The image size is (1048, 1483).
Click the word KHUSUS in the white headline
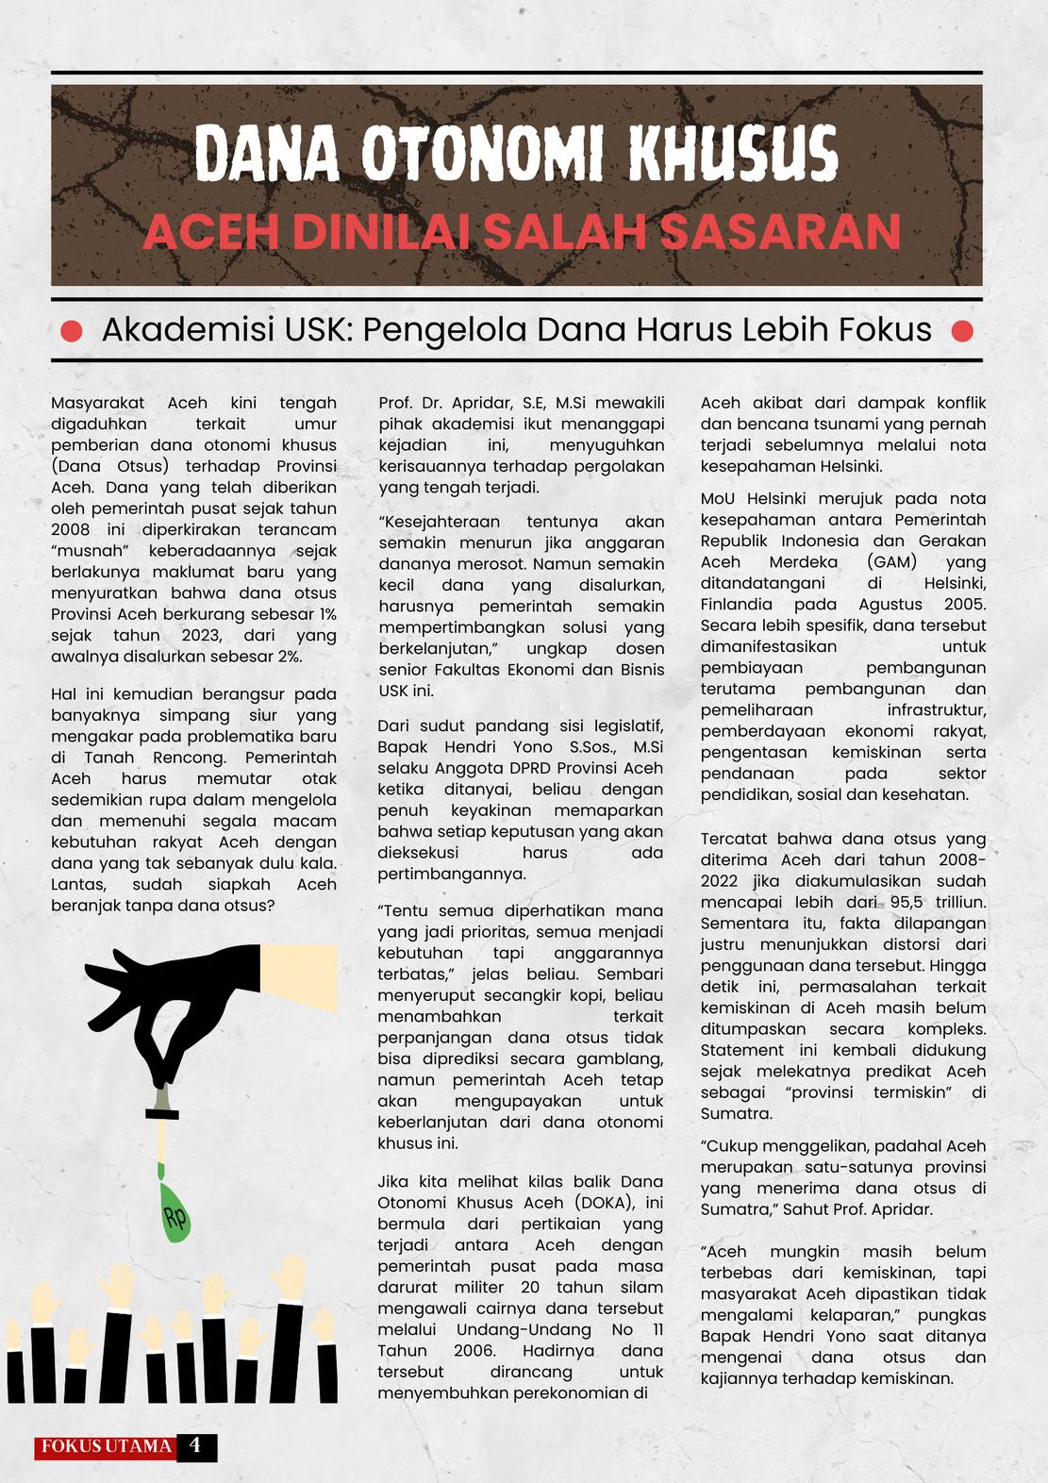(x=733, y=155)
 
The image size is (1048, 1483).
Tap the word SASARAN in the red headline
(x=780, y=232)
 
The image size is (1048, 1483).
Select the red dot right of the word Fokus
(x=962, y=331)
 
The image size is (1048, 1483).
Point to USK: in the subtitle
(x=307, y=330)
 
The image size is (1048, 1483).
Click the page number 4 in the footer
(x=195, y=1446)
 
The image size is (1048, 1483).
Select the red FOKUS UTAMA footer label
(x=107, y=1447)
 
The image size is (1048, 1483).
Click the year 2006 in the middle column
(x=474, y=1351)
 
